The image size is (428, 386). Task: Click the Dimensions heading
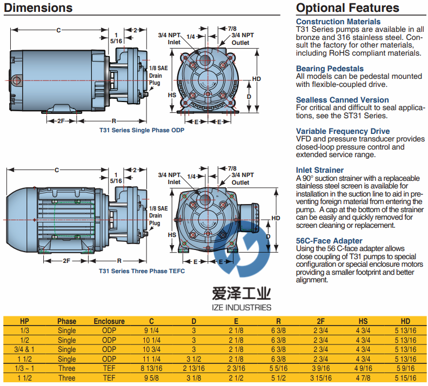pos(38,8)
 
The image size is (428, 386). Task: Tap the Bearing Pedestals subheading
pos(330,69)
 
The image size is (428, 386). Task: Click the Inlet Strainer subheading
pos(319,170)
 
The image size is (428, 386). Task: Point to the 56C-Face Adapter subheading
pos(329,241)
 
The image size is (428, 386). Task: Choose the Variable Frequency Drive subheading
pos(343,131)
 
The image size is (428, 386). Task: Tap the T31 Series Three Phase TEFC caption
pos(142,271)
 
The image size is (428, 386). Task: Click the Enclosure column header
pos(109,321)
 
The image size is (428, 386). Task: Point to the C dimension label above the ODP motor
pos(58,30)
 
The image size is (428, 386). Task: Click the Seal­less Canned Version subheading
pos(342,100)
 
